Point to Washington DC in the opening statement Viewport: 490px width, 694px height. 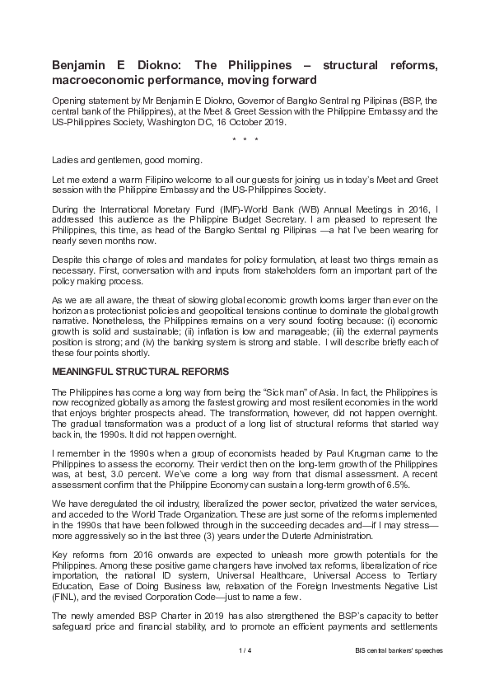(181, 122)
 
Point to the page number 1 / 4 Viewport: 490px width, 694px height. (245, 650)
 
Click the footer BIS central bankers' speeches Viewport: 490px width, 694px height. (394, 650)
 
